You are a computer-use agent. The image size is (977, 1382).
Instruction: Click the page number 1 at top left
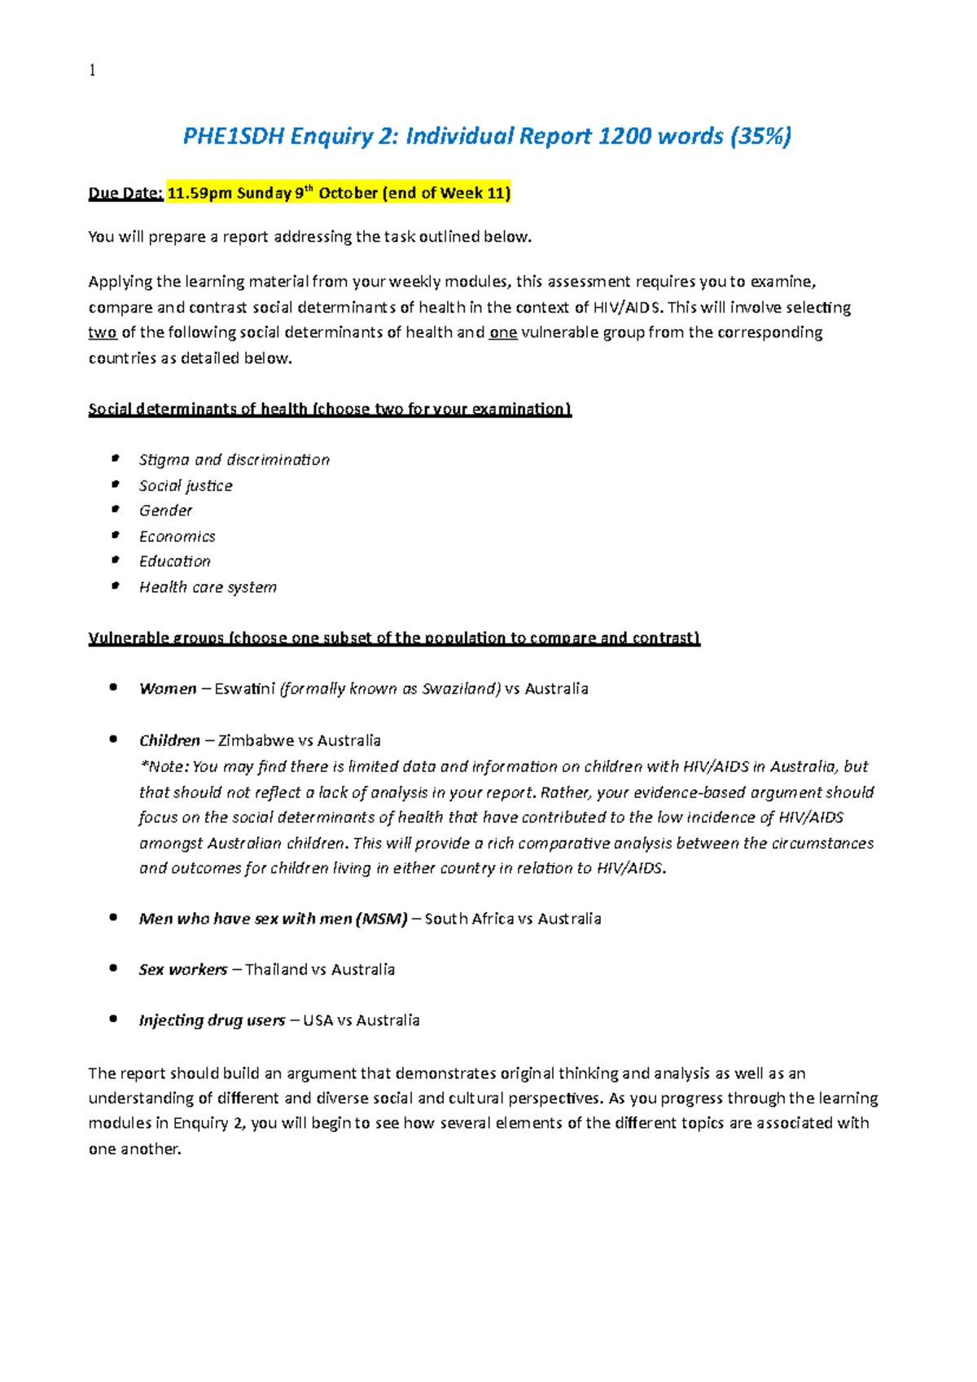(x=92, y=71)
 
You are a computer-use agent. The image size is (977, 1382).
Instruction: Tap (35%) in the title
(x=760, y=136)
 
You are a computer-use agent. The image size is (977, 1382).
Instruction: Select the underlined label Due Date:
(x=125, y=193)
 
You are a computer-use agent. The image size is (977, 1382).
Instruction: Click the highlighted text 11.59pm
(x=199, y=193)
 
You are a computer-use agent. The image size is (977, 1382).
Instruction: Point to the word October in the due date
(x=348, y=193)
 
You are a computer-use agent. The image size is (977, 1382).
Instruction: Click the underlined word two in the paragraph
(x=103, y=332)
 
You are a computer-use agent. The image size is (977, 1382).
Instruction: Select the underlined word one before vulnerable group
(x=502, y=332)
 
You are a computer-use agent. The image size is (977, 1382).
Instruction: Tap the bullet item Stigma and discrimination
(x=234, y=460)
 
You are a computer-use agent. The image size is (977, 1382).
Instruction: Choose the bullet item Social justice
(x=186, y=486)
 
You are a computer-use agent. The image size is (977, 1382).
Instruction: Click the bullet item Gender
(x=165, y=511)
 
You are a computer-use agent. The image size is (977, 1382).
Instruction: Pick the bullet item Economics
(x=177, y=537)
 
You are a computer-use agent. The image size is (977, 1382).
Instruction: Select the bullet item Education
(x=174, y=562)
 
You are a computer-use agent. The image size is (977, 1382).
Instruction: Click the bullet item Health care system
(x=208, y=587)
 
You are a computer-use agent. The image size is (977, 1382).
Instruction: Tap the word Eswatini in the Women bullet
(x=244, y=689)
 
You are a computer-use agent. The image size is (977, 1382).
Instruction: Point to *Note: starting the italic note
(x=164, y=767)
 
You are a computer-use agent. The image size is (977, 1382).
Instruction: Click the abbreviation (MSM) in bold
(x=381, y=919)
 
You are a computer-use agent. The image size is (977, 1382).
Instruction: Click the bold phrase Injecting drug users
(x=212, y=1020)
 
